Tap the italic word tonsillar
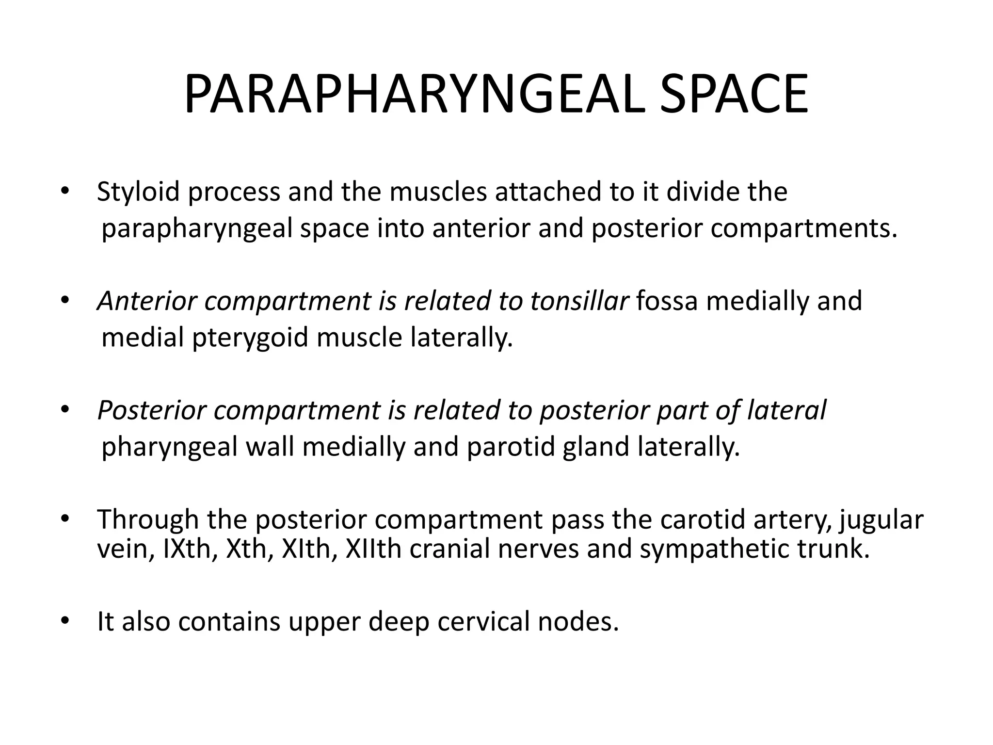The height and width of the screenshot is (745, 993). (x=579, y=301)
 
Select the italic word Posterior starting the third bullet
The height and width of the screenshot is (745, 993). (x=152, y=410)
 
